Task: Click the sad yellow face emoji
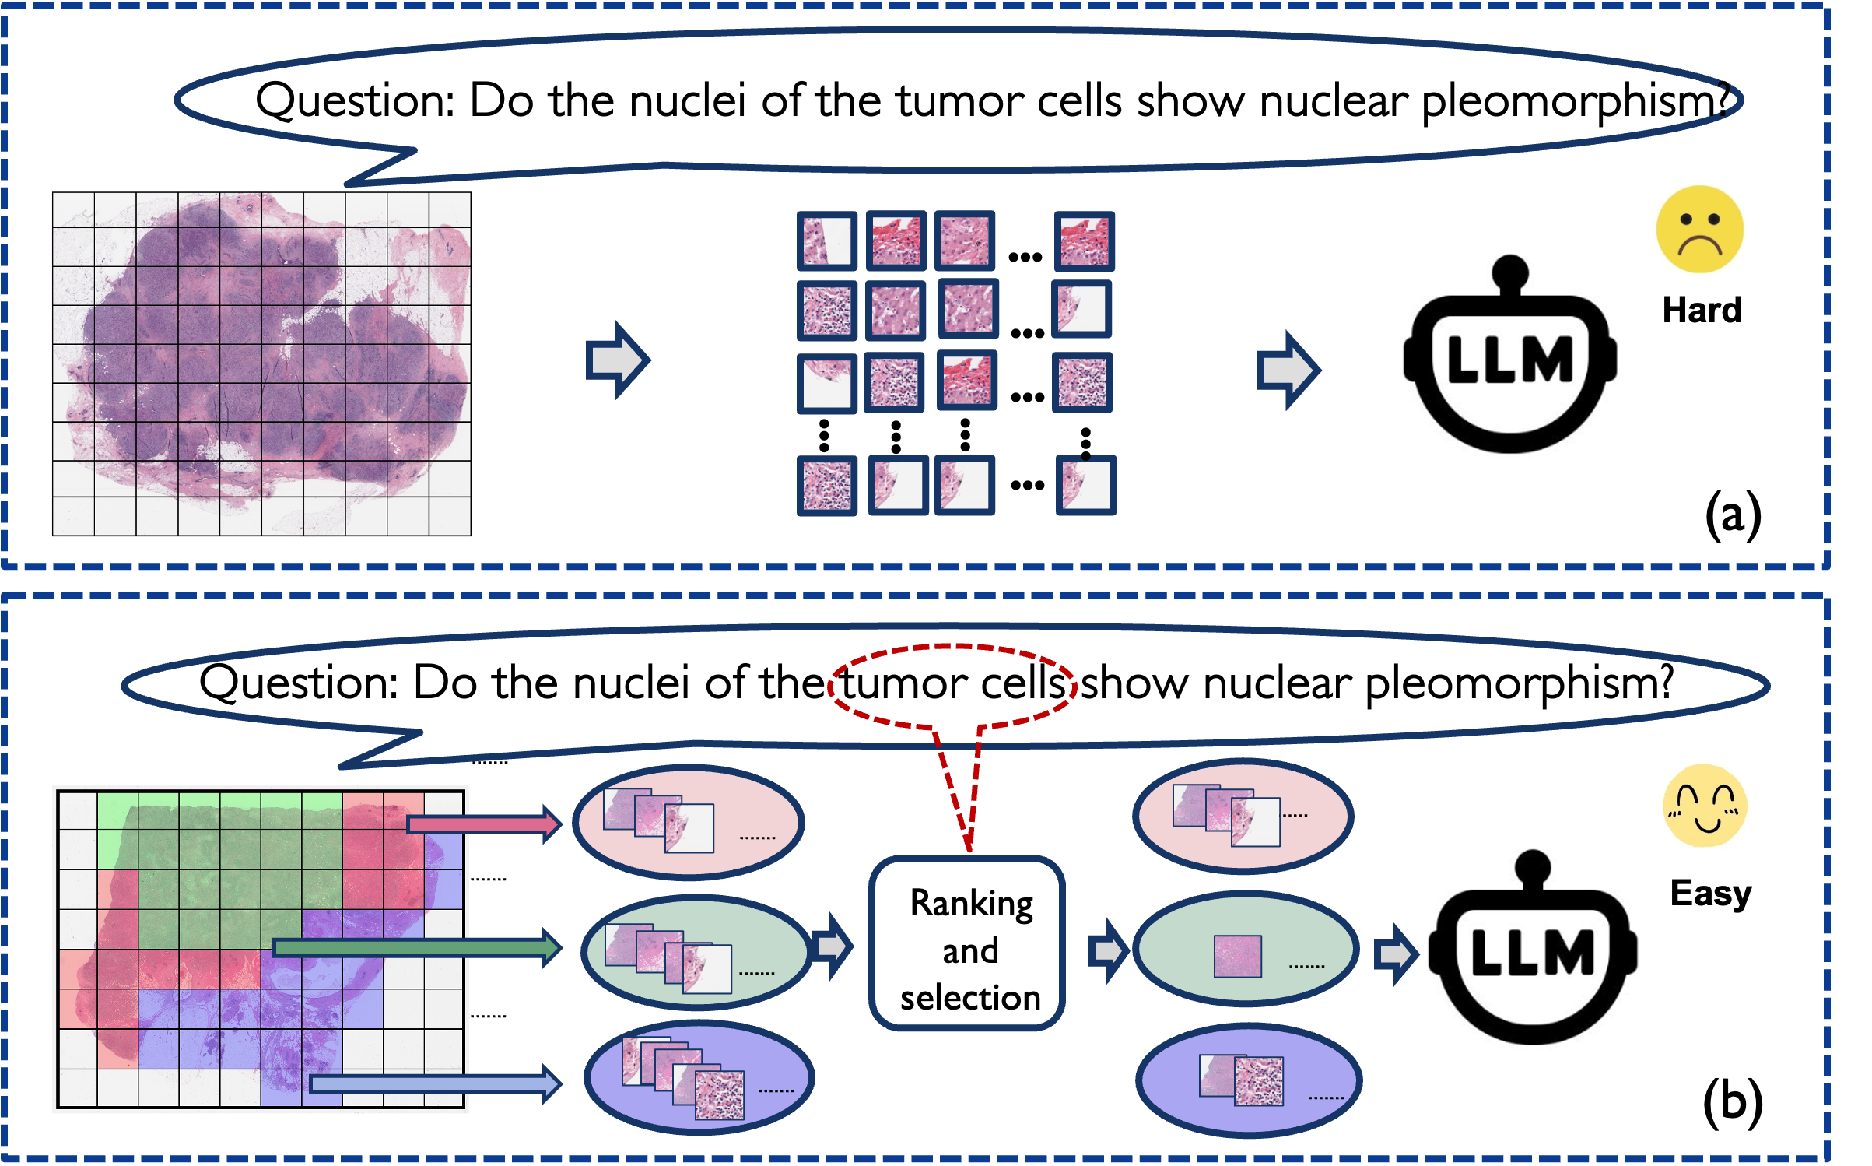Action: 1699,229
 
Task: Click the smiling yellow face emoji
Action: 1704,806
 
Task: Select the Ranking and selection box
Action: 968,944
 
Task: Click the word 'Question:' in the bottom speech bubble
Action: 299,683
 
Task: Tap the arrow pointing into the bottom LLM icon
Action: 1395,954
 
